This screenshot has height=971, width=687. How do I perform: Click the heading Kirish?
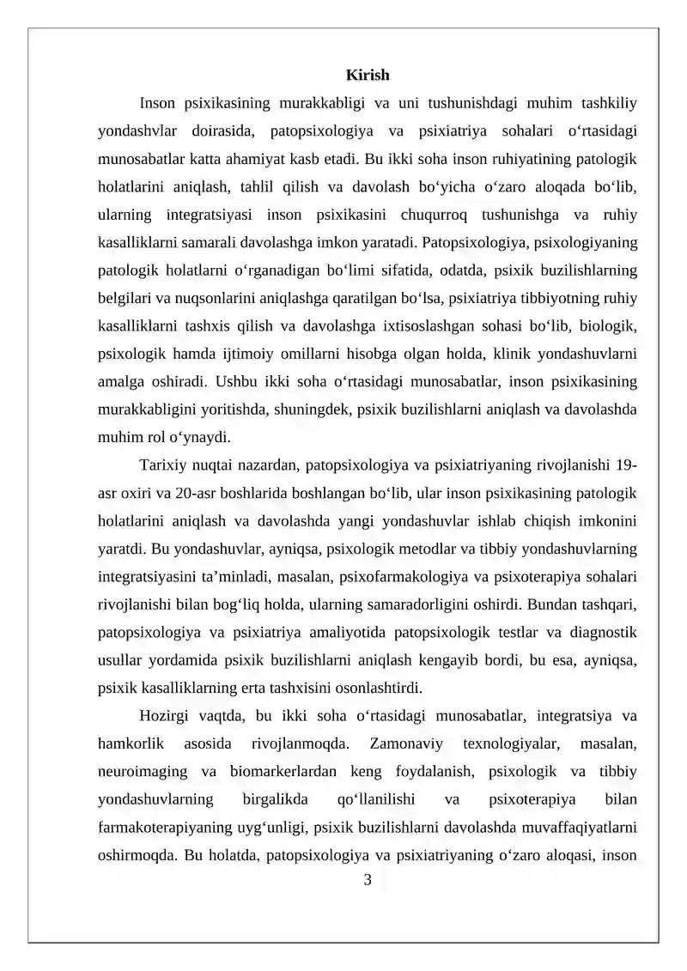368,76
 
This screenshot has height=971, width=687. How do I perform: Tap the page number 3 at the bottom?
368,878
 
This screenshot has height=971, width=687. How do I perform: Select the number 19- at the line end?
627,466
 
